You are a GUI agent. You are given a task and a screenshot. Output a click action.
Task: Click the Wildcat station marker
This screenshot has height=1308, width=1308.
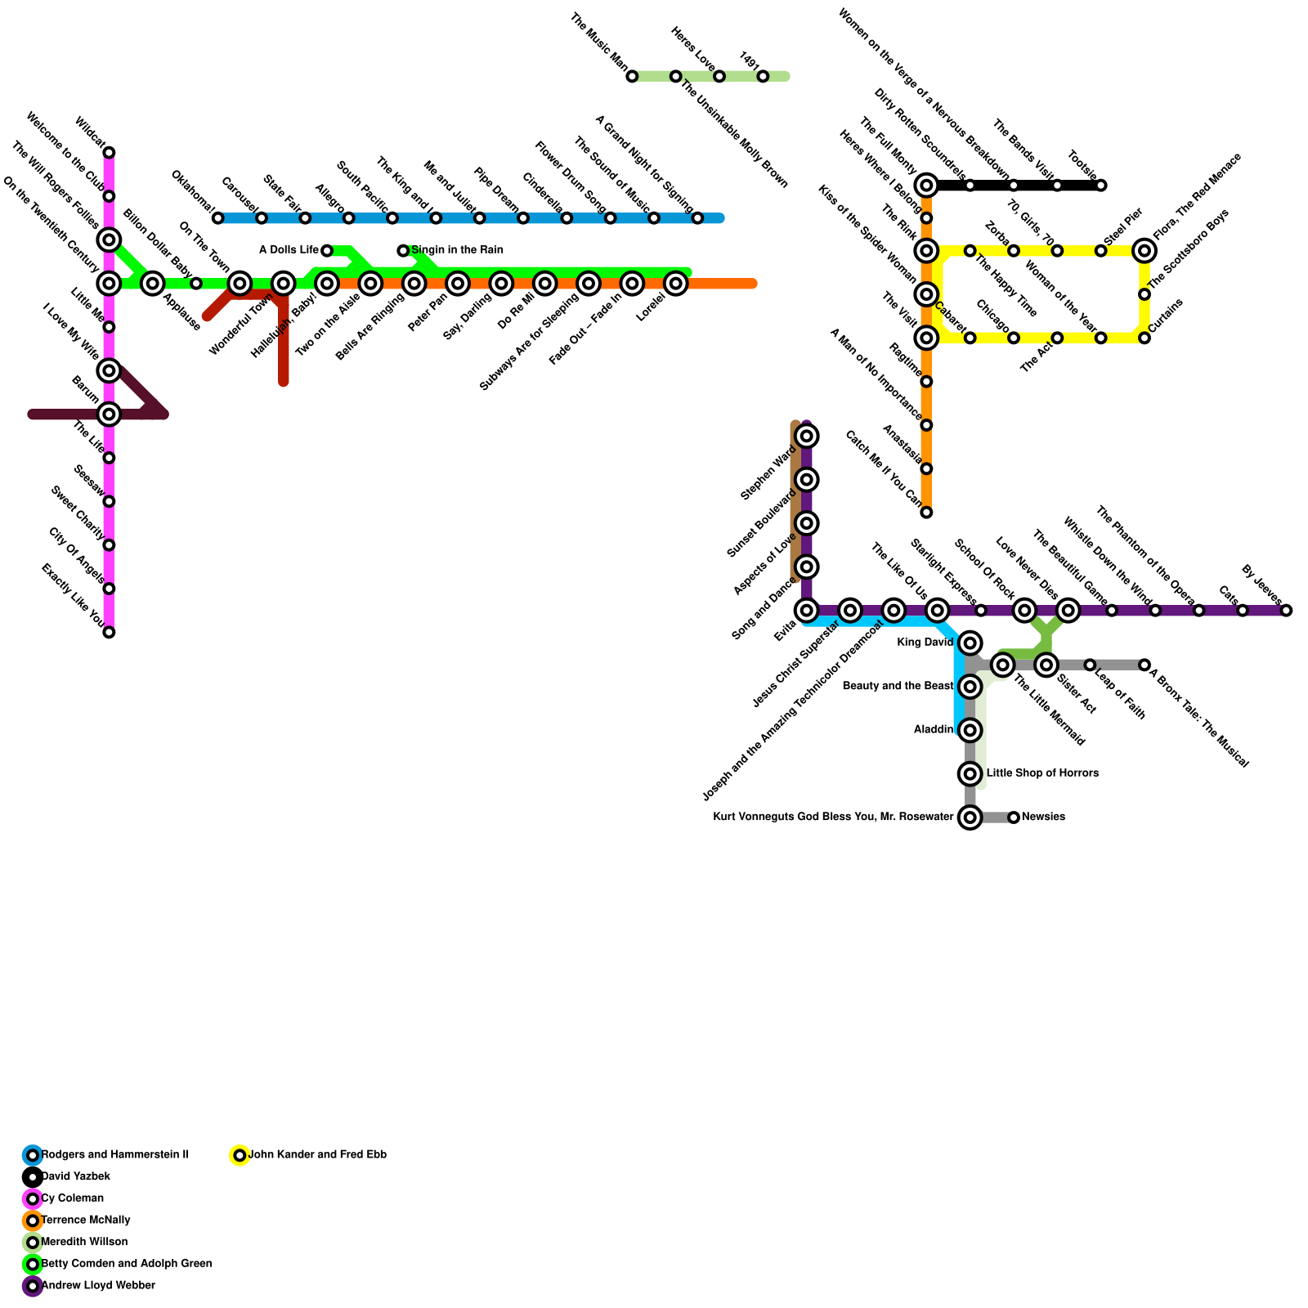[x=109, y=153]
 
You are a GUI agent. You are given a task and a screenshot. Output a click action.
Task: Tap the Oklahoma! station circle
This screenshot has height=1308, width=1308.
[x=217, y=218]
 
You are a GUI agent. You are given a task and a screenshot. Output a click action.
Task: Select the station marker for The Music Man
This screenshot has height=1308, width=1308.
[x=632, y=77]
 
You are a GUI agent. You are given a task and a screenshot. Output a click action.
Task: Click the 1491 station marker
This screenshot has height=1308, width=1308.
[x=763, y=77]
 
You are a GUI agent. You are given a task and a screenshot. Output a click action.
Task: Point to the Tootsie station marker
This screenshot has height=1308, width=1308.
[x=1101, y=186]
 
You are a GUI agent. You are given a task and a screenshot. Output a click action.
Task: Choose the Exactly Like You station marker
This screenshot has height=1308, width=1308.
[x=109, y=632]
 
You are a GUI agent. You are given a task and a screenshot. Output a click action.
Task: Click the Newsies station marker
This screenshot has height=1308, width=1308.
[x=1014, y=817]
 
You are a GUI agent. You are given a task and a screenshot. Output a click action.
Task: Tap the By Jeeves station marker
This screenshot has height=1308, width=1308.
[x=1287, y=611]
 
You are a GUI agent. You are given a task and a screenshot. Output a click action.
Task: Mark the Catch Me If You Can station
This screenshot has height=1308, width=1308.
[x=926, y=513]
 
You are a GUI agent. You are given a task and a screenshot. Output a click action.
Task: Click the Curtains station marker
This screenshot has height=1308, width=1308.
[x=1144, y=338]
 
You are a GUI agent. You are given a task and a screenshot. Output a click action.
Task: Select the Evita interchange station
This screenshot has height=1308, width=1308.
[x=807, y=611]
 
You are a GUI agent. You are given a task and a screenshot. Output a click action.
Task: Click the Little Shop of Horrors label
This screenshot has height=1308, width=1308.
[x=1042, y=773]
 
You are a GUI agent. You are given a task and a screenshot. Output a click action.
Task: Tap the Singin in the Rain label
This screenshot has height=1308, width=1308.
[x=457, y=250]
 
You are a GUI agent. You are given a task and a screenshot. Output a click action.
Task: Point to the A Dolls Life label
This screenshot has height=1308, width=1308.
[x=289, y=250]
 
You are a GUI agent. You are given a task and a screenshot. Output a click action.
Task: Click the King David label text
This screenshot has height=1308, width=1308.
[x=925, y=643]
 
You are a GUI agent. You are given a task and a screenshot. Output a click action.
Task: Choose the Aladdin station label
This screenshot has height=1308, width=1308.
[x=933, y=730]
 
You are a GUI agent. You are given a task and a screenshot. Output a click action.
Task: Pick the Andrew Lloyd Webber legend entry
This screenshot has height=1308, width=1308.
[x=97, y=1286]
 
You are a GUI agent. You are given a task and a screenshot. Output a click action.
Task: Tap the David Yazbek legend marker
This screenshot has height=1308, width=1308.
[x=33, y=1177]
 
